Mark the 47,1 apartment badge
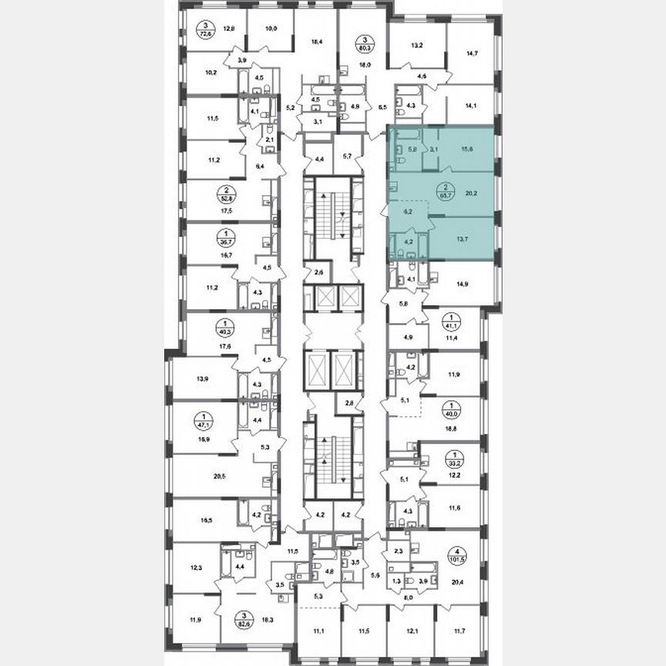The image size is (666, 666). click(x=204, y=422)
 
